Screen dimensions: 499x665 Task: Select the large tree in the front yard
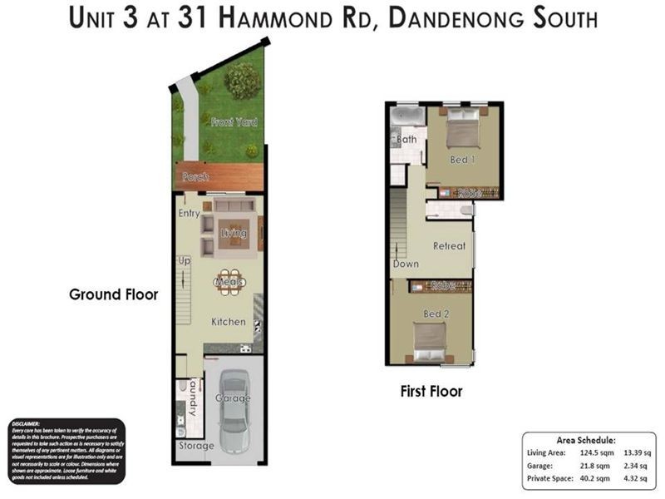242,82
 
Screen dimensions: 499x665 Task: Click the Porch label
196,177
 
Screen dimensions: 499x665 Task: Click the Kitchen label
229,321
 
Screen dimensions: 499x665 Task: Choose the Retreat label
449,246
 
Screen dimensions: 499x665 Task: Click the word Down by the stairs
406,264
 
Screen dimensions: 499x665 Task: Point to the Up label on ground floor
185,260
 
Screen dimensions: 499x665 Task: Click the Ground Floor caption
113,294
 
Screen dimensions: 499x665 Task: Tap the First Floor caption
431,391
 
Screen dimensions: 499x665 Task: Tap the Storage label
196,446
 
